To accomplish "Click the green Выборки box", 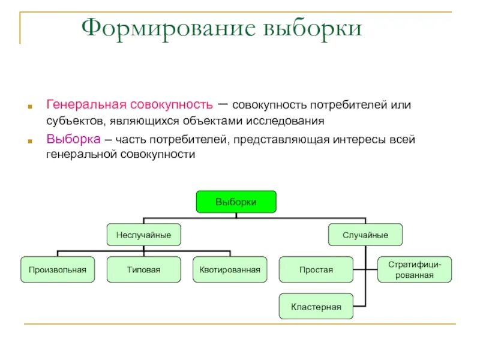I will tap(236, 202).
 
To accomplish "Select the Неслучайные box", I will tap(143, 235).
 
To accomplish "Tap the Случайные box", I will tap(365, 235).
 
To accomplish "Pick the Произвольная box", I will tap(58, 270).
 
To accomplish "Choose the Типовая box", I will tap(143, 270).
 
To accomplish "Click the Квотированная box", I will tap(230, 270).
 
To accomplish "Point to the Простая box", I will tap(316, 270).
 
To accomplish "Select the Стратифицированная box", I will tap(415, 270).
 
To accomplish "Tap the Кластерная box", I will tap(316, 307).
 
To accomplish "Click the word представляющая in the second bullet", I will tap(275, 139).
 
